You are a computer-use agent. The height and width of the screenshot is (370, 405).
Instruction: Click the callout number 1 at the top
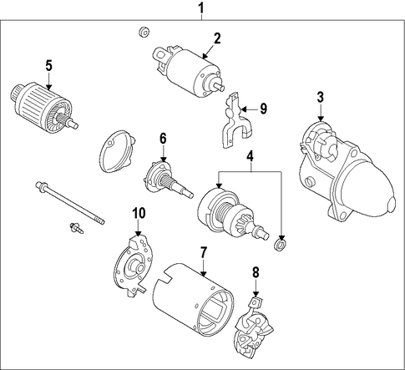[x=201, y=8]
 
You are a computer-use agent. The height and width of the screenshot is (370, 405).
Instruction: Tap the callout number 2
[x=217, y=38]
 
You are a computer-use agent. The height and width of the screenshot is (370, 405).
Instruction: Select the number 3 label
[x=321, y=98]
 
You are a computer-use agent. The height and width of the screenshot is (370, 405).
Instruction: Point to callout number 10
[x=139, y=213]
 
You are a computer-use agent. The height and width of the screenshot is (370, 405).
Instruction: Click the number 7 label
[x=204, y=252]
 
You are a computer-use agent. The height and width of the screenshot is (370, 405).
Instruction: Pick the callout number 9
[x=263, y=109]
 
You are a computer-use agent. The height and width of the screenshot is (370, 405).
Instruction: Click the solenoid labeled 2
[x=189, y=71]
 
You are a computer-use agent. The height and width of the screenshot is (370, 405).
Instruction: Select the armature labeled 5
[x=44, y=106]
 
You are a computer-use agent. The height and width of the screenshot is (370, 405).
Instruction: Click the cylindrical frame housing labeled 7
[x=193, y=300]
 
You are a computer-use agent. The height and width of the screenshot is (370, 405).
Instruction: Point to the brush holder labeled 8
[x=254, y=327]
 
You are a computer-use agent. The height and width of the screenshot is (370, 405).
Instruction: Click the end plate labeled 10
[x=134, y=266]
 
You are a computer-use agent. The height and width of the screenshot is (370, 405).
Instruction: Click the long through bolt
[x=70, y=203]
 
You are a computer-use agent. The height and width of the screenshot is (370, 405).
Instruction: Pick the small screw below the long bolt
[x=77, y=228]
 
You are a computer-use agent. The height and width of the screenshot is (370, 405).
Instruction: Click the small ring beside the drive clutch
[x=281, y=244]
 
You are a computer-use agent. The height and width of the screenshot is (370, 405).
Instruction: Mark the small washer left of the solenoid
[x=144, y=32]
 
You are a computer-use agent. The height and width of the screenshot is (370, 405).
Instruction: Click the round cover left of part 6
[x=117, y=151]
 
